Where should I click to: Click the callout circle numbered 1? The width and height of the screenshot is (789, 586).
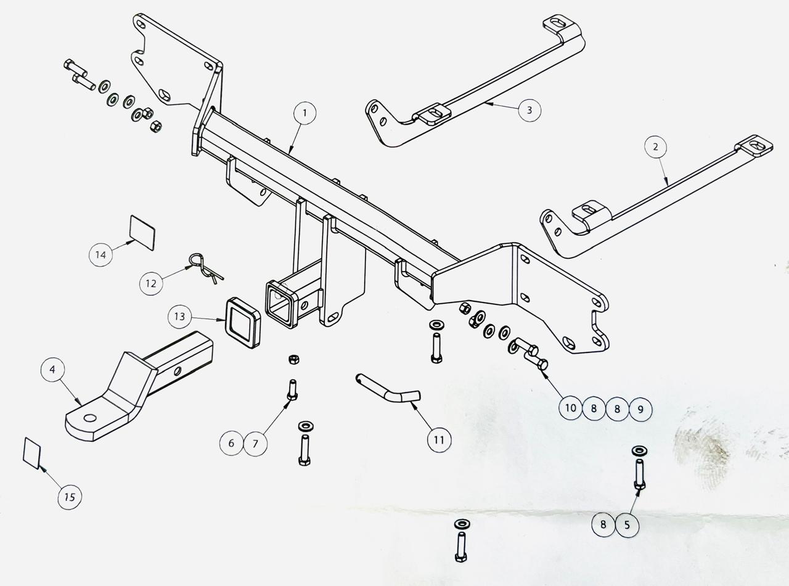click(x=305, y=113)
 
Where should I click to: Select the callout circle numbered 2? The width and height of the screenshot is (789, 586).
click(x=655, y=147)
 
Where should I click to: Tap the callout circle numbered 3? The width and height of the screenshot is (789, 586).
click(x=529, y=110)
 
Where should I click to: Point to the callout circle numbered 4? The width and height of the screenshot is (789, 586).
click(x=52, y=370)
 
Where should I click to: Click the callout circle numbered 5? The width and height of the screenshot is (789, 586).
click(x=627, y=525)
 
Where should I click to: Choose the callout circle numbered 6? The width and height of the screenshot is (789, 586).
click(x=232, y=443)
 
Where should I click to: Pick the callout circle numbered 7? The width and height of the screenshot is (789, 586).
click(x=255, y=443)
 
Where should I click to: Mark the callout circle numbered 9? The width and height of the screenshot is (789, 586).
click(x=640, y=409)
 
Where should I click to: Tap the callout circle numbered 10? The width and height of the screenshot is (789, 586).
click(x=571, y=408)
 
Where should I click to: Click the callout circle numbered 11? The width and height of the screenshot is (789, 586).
click(x=439, y=440)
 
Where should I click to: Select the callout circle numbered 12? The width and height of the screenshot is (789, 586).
click(x=151, y=284)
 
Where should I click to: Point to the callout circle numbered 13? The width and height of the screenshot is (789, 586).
click(x=179, y=317)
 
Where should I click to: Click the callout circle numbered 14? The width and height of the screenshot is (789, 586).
click(x=101, y=254)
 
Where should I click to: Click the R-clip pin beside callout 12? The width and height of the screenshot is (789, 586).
click(x=203, y=267)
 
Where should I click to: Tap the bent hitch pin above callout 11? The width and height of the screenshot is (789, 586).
click(x=388, y=389)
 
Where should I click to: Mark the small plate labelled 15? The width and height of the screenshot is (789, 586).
click(x=32, y=453)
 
